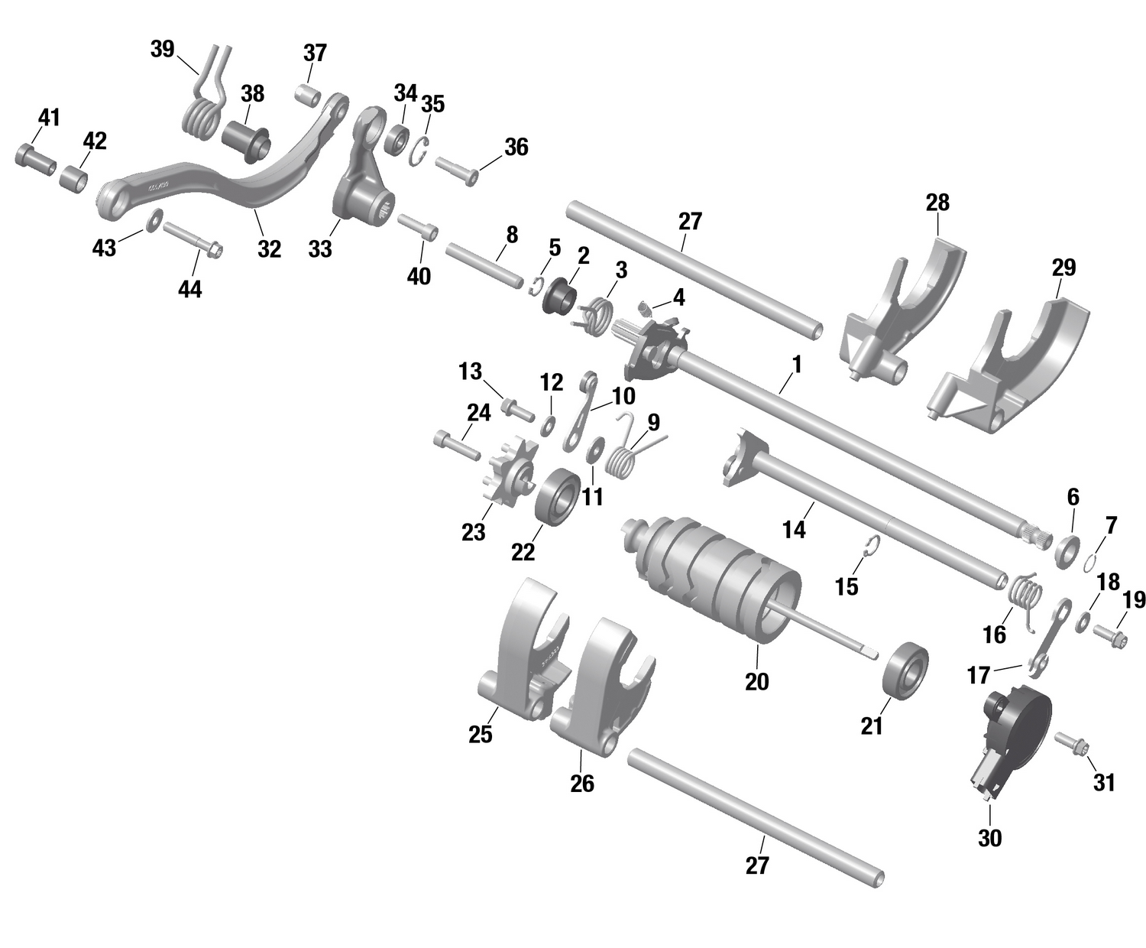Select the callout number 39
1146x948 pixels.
tap(162, 50)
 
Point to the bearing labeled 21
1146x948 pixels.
tap(905, 670)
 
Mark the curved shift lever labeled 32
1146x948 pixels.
tap(229, 180)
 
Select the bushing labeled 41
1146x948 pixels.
tap(35, 157)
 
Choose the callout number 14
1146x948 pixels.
tap(794, 529)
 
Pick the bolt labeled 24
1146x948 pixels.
tap(455, 445)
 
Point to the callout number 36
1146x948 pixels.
tap(516, 147)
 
